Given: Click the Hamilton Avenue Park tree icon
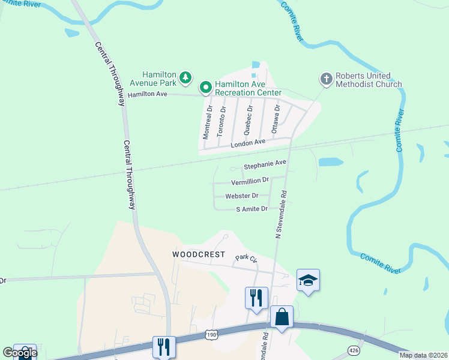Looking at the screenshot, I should click(186, 77).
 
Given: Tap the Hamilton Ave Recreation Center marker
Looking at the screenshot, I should click(205, 88).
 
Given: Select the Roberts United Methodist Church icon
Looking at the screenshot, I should click(326, 79).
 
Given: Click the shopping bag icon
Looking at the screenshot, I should click(282, 316).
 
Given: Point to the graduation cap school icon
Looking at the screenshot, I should click(308, 280).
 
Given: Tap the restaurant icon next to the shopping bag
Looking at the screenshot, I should click(256, 297).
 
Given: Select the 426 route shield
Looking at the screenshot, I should click(354, 350).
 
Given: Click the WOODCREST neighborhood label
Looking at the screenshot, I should click(199, 254).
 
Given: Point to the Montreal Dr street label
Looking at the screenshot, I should click(208, 122).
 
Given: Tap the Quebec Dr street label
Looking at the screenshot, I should click(248, 119).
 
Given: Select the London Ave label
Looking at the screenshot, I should click(249, 142).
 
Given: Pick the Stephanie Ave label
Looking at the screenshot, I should click(265, 163).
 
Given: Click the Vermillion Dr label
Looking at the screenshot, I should click(250, 181).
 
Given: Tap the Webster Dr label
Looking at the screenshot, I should click(242, 196).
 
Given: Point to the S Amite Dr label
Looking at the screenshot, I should click(252, 209).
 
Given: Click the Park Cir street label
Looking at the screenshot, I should click(246, 259).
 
